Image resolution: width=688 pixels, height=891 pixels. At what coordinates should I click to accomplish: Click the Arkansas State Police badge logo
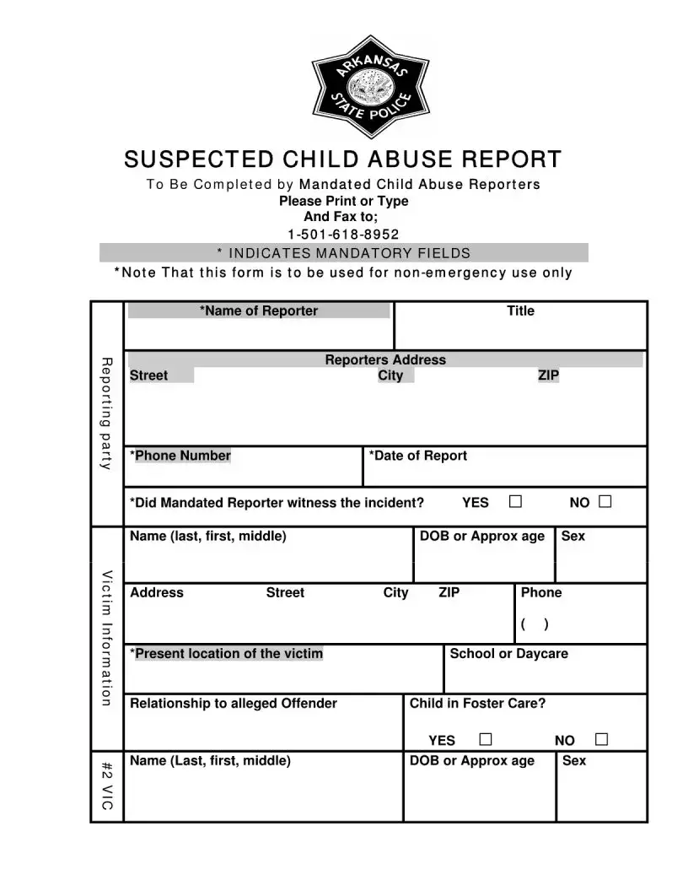[370, 87]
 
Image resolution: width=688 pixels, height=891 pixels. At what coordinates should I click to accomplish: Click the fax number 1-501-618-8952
[343, 235]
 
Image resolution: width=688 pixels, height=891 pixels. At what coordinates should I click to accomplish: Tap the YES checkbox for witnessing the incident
[515, 502]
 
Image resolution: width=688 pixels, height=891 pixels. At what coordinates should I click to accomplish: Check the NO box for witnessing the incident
[605, 502]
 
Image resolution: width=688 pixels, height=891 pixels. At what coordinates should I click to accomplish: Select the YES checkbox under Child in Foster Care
[485, 740]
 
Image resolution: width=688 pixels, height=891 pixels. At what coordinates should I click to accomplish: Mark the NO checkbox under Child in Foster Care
[601, 740]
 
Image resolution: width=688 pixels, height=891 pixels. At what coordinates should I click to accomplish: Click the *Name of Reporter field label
[259, 310]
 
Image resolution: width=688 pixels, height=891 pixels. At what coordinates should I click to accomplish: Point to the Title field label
[520, 310]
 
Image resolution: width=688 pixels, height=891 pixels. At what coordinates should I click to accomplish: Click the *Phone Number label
[180, 456]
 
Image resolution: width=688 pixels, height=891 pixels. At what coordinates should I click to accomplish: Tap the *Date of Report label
[417, 456]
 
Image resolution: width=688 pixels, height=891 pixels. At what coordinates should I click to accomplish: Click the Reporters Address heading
[385, 359]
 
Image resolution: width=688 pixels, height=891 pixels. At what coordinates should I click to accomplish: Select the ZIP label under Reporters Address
[548, 375]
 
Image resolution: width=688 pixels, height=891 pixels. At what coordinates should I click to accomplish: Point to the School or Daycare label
[508, 654]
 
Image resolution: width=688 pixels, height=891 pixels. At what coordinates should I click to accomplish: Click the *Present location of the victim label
[226, 654]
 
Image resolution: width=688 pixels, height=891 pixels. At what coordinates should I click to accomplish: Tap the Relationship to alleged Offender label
[233, 704]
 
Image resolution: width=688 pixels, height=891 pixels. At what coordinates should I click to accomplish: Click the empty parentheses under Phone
[535, 624]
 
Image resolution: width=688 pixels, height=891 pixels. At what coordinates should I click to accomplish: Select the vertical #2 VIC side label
[107, 786]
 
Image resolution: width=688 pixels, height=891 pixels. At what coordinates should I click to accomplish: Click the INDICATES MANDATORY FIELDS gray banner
[343, 253]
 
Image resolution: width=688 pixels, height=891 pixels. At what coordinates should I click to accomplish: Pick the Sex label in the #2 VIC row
[573, 761]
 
